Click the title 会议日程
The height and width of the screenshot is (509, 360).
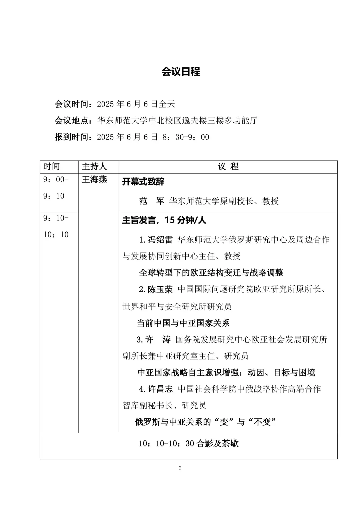point(181,72)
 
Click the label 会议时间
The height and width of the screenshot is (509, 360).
point(72,104)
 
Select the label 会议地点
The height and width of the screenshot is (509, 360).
point(72,121)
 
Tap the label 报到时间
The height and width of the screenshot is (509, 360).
point(72,137)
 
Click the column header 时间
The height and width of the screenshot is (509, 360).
point(52,167)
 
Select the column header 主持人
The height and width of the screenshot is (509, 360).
point(94,167)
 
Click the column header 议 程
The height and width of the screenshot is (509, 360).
point(228,167)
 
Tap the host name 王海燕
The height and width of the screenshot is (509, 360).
point(94,180)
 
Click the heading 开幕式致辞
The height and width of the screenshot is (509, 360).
point(143,182)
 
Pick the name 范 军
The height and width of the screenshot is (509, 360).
point(152,201)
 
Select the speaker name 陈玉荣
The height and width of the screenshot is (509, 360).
point(160,289)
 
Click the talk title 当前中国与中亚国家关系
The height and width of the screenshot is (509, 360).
point(183,323)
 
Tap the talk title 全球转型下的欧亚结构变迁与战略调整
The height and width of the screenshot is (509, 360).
point(211,273)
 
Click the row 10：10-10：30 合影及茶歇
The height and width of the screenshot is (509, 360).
point(189,444)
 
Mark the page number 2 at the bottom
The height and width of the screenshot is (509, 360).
point(180,468)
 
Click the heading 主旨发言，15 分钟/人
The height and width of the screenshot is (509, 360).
point(164,221)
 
